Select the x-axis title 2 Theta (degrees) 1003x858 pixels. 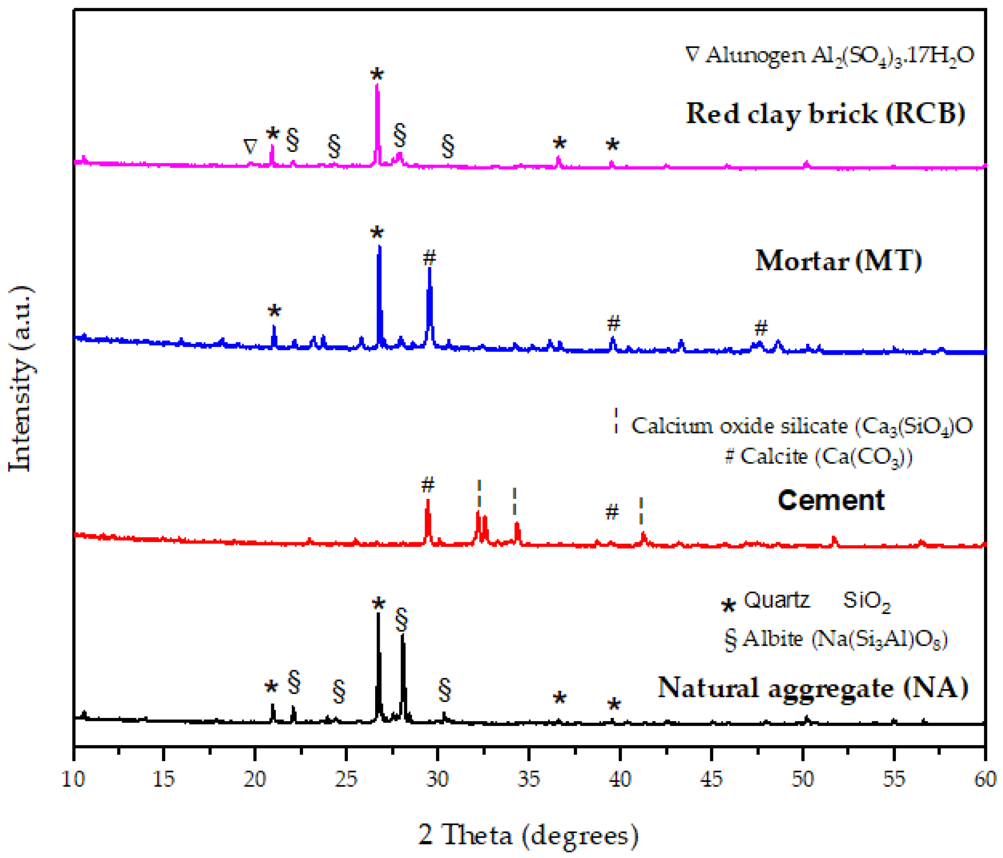pyautogui.click(x=528, y=835)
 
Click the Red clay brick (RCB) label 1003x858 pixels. pyautogui.click(x=825, y=114)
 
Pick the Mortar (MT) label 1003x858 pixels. pyautogui.click(x=838, y=261)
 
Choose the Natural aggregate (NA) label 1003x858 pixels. pyautogui.click(x=813, y=687)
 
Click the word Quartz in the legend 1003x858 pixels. pyautogui.click(x=777, y=600)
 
